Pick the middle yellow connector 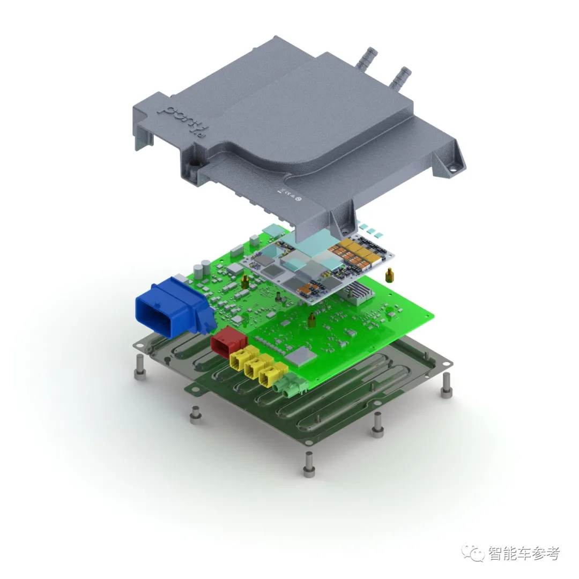tap(256, 367)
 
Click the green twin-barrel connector tap(287, 385)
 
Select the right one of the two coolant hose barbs tap(399, 78)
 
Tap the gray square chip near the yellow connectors tap(299, 355)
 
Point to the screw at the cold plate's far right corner tap(446, 387)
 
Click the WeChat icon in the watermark tap(475, 553)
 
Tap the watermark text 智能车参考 tap(523, 553)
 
